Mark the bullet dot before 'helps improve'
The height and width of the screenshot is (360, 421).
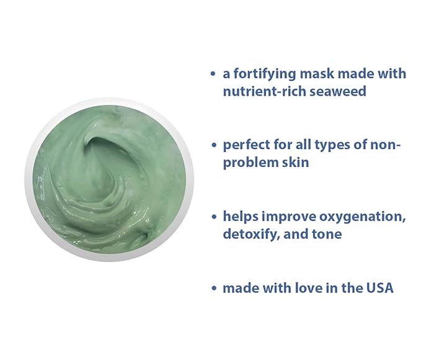(213, 217)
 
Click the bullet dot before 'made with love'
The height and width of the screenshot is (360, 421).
(213, 289)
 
